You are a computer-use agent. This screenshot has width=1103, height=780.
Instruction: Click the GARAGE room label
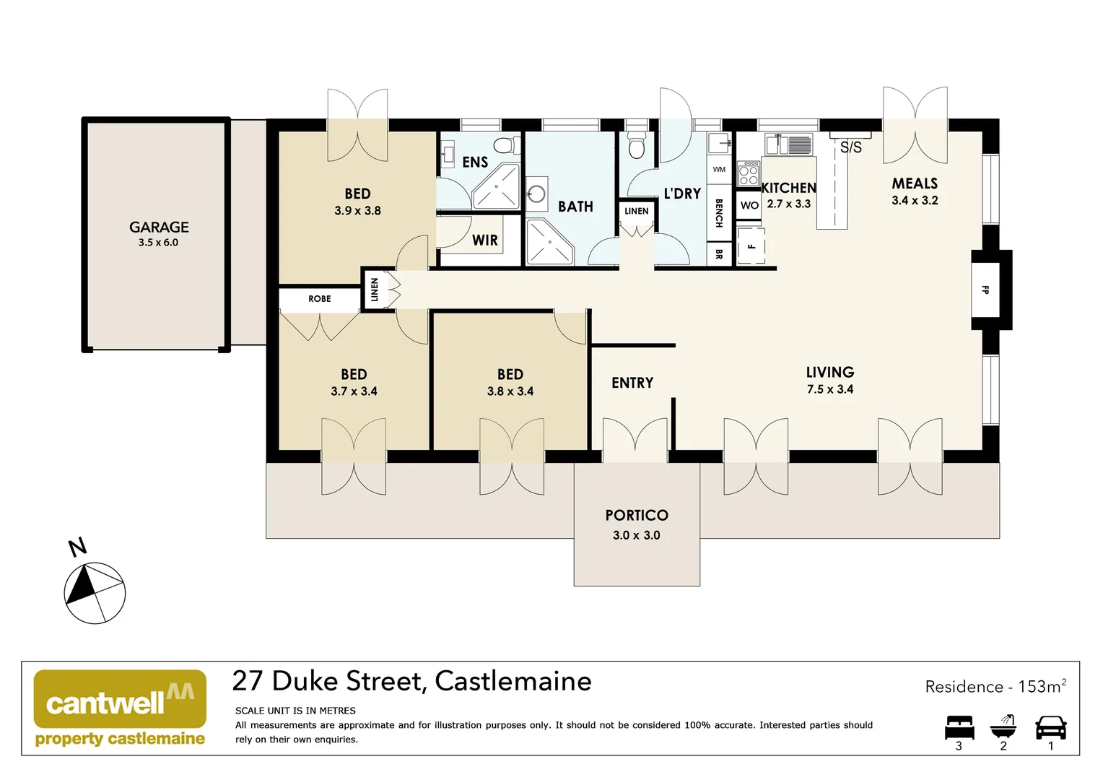(159, 227)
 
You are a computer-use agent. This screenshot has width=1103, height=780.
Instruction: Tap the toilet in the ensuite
(507, 145)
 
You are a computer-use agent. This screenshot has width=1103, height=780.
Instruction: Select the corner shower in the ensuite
(497, 186)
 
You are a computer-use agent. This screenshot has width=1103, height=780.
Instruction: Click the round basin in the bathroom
(536, 194)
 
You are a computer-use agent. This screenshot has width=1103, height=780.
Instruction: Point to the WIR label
(485, 240)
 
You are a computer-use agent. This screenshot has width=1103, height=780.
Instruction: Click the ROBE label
(320, 298)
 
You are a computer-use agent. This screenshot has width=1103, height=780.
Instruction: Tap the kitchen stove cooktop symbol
(749, 173)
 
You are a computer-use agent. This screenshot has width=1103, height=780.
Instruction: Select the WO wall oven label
(749, 205)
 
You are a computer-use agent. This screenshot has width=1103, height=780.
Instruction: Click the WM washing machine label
(719, 170)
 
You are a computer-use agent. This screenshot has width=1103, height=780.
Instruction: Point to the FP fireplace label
(985, 290)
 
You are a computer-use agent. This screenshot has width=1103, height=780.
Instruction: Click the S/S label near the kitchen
(851, 147)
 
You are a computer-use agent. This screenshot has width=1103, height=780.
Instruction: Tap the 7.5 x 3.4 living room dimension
(830, 389)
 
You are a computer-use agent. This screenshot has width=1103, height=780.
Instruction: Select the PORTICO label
(637, 515)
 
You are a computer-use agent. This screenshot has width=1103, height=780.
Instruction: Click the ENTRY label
(632, 383)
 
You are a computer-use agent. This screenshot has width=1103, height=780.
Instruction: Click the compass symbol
(95, 593)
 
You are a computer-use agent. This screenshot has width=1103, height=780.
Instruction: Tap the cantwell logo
(120, 708)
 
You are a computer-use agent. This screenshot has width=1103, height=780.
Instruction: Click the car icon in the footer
(1050, 727)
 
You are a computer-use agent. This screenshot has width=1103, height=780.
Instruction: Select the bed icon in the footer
(959, 727)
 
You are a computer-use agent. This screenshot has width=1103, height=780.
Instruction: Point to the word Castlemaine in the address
(513, 681)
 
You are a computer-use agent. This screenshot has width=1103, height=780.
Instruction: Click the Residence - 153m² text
(995, 686)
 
